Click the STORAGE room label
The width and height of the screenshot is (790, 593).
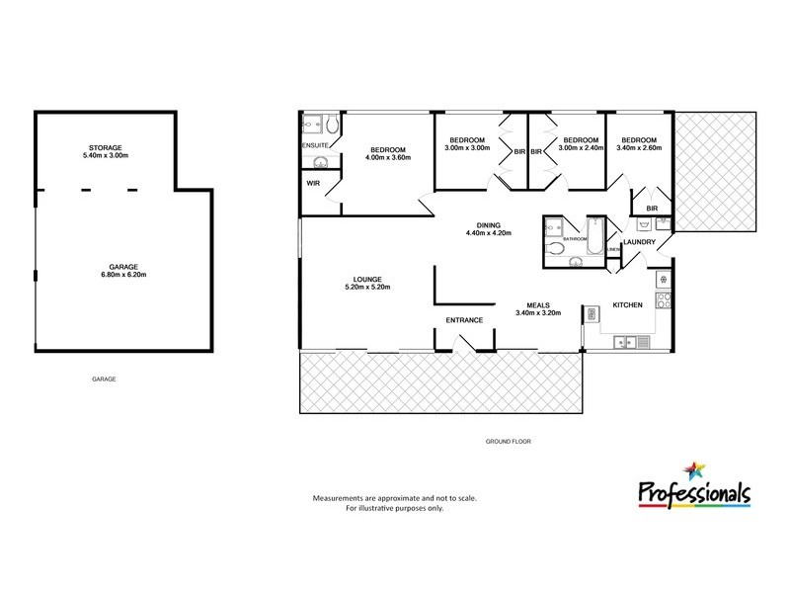[x=105, y=148]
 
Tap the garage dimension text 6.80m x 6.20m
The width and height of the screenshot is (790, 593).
[x=124, y=274]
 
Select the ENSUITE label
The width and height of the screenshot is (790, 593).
[x=315, y=146]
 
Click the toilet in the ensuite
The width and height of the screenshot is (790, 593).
[x=333, y=125]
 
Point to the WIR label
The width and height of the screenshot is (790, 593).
[x=313, y=183]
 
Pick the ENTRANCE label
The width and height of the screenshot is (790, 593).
[x=463, y=320]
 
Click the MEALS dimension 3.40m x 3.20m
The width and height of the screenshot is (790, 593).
[x=538, y=313]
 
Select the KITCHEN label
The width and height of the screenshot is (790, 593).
[x=628, y=305]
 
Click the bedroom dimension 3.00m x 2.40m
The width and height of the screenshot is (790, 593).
[x=582, y=149]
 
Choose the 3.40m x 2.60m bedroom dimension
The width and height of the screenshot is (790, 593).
[x=638, y=149]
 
